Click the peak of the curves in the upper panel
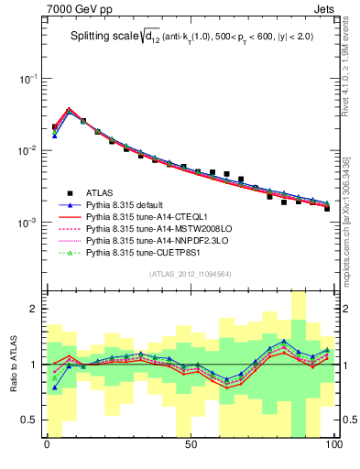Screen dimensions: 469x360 [x=69, y=110]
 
